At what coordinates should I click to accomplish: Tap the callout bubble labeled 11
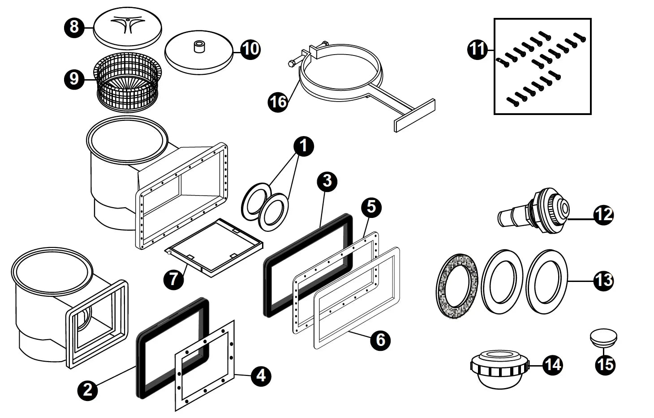pos(478,48)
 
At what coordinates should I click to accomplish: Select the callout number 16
pos(278,102)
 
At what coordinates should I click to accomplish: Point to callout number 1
pos(303,147)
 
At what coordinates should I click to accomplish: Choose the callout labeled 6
pos(380,340)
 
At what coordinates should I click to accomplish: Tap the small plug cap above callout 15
pos(603,337)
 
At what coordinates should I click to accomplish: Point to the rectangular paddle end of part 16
pos(414,115)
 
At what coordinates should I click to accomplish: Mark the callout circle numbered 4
pos(261,375)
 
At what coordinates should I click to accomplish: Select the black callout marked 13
pos(603,281)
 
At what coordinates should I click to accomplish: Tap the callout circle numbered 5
pos(371,207)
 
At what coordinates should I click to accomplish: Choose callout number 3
pos(327,181)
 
